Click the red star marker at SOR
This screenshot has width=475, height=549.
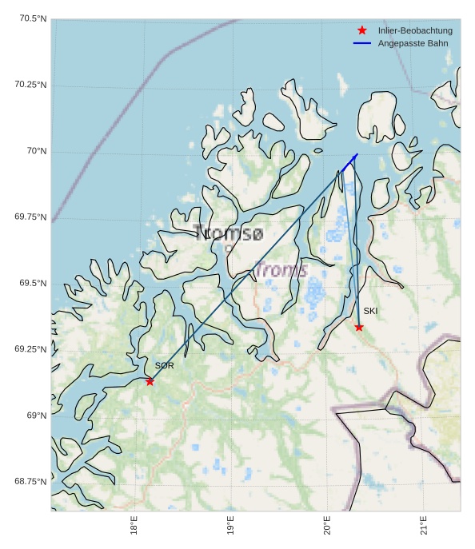coord(150,381)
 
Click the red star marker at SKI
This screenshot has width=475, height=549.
coord(359,327)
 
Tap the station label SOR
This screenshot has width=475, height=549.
coord(164,366)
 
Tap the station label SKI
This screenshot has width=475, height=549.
coord(370,311)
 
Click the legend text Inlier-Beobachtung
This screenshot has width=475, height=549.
coord(415,30)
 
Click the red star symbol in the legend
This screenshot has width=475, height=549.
coord(362,30)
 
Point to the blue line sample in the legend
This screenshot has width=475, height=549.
coord(362,42)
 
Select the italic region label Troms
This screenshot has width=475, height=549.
coord(281,270)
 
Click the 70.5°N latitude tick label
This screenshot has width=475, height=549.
coord(30,19)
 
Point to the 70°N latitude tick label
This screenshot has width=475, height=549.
coord(36,151)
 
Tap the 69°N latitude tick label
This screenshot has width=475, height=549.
coord(36,416)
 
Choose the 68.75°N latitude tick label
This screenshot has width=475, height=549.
coord(30,481)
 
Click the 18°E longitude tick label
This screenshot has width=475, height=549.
coord(134,528)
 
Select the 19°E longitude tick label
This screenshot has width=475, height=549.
coord(230,528)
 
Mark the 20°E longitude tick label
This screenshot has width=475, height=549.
coord(327,528)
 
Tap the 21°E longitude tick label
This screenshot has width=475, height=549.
coord(424,528)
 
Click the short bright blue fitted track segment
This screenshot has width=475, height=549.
coord(349,162)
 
